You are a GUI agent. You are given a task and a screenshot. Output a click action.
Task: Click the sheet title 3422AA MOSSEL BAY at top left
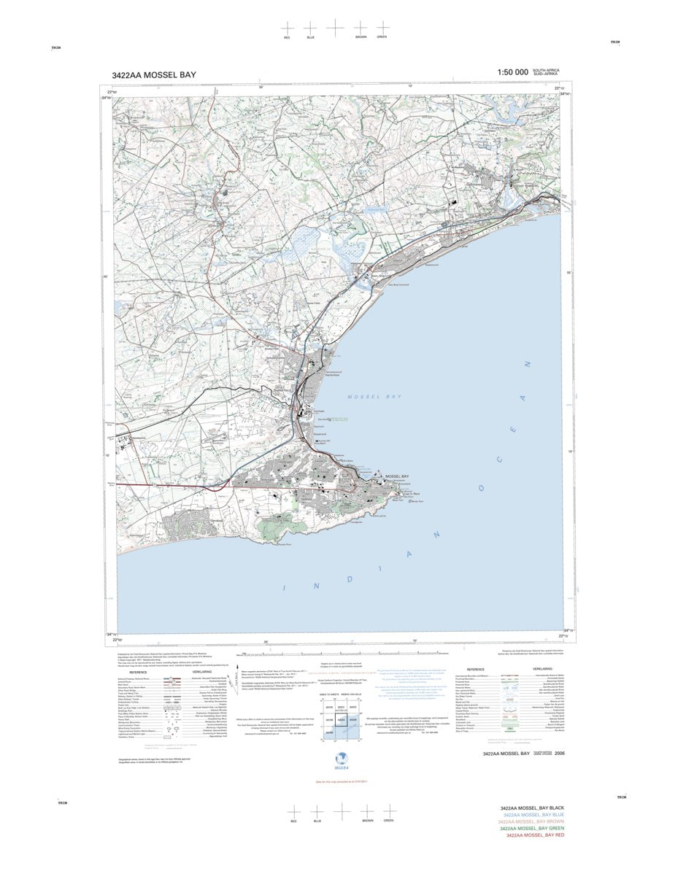[x=154, y=74]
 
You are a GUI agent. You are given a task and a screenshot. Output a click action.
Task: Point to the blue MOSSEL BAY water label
[x=374, y=397]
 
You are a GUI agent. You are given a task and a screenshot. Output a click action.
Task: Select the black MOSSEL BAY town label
[x=397, y=476]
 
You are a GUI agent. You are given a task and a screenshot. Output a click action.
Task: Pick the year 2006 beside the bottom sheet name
[x=559, y=754]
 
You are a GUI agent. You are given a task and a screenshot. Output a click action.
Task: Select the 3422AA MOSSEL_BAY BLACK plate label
[x=533, y=809]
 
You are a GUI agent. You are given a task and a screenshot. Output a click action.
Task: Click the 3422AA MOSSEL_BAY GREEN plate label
[x=533, y=829]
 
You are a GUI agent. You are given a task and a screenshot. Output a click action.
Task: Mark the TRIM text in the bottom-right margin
[x=621, y=797]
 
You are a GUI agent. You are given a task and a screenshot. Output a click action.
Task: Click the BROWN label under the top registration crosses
[x=361, y=36]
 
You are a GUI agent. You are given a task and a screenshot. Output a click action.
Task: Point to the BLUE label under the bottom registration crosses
[x=317, y=821]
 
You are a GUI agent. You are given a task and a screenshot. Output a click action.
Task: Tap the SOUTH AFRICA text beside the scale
[x=547, y=69]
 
